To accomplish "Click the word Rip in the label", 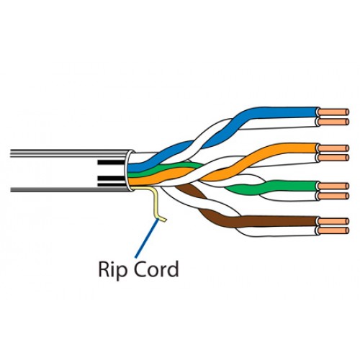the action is (x=112, y=269).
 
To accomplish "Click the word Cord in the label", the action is (x=156, y=269).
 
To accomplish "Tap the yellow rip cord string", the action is (x=154, y=201).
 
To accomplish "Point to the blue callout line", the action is (x=147, y=238).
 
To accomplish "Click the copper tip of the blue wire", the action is (x=333, y=112).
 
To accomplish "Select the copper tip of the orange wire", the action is (x=333, y=148).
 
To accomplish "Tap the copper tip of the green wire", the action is (x=333, y=186).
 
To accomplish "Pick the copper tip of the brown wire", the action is (x=333, y=221).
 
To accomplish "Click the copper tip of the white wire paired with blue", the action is (x=333, y=122).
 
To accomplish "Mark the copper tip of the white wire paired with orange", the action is (x=333, y=158).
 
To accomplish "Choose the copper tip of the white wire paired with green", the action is (x=333, y=196).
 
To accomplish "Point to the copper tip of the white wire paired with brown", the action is (x=333, y=230).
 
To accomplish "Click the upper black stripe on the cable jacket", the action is (x=111, y=162).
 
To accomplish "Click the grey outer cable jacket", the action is (x=67, y=171).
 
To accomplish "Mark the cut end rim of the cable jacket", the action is (x=128, y=171).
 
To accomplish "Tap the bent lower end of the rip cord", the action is (x=161, y=220).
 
